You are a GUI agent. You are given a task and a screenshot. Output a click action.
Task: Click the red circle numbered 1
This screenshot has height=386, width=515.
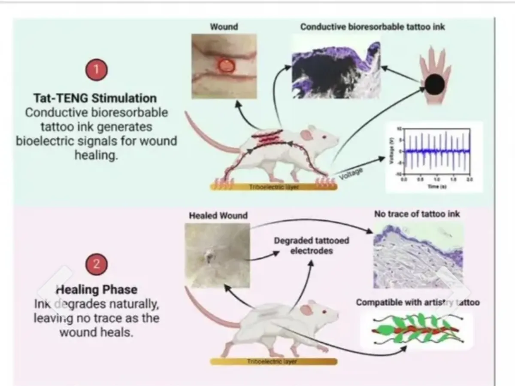pyautogui.click(x=96, y=70)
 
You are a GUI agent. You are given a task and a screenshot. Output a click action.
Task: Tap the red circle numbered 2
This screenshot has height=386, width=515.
pyautogui.click(x=96, y=264)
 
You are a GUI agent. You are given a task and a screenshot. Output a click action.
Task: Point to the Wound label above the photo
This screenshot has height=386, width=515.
pyautogui.click(x=224, y=27)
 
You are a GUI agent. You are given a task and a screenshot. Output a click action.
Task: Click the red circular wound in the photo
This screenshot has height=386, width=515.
pyautogui.click(x=226, y=65)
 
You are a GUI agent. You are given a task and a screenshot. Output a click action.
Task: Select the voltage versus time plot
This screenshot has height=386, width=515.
pyautogui.click(x=434, y=156)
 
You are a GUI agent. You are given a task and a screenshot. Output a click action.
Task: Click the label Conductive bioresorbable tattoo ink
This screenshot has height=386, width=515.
pyautogui.click(x=373, y=27)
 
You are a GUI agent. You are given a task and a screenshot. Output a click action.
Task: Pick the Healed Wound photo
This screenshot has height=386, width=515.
pyautogui.click(x=218, y=255)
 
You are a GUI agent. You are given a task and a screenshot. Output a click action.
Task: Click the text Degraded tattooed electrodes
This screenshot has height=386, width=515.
pyautogui.click(x=312, y=245)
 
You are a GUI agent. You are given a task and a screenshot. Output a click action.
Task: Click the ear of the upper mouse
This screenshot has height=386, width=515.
pyautogui.click(x=306, y=136)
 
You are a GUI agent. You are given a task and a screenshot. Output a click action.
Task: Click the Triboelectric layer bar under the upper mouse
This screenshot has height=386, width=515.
pyautogui.click(x=273, y=187)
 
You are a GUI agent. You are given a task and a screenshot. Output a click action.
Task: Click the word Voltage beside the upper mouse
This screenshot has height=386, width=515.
pyautogui.click(x=350, y=174)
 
